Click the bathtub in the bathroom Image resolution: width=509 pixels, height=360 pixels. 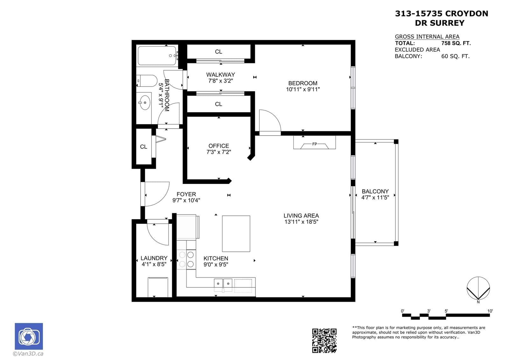[x=157, y=56]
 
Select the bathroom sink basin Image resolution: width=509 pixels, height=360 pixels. [x=145, y=102]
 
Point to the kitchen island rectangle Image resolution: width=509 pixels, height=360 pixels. [x=236, y=234]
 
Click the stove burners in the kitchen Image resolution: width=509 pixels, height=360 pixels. [x=186, y=259]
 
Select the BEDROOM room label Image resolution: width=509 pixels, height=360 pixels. [x=303, y=83]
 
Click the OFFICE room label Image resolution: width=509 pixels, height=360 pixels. [x=219, y=146]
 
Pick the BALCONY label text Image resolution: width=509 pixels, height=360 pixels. [x=375, y=192]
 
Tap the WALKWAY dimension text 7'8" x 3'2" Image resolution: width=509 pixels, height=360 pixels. [x=220, y=81]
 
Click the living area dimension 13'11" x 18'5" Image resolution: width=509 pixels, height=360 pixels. [x=301, y=222]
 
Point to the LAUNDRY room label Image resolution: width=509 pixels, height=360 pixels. [x=154, y=258]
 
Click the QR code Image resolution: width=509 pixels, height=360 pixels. [x=324, y=341]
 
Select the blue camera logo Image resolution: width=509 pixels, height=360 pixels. [x=29, y=336]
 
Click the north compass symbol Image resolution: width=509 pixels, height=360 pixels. [x=478, y=288]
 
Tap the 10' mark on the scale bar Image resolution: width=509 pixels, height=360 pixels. [x=490, y=311]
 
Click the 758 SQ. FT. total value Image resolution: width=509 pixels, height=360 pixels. [x=456, y=43]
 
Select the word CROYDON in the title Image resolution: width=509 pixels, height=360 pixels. [x=466, y=14]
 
